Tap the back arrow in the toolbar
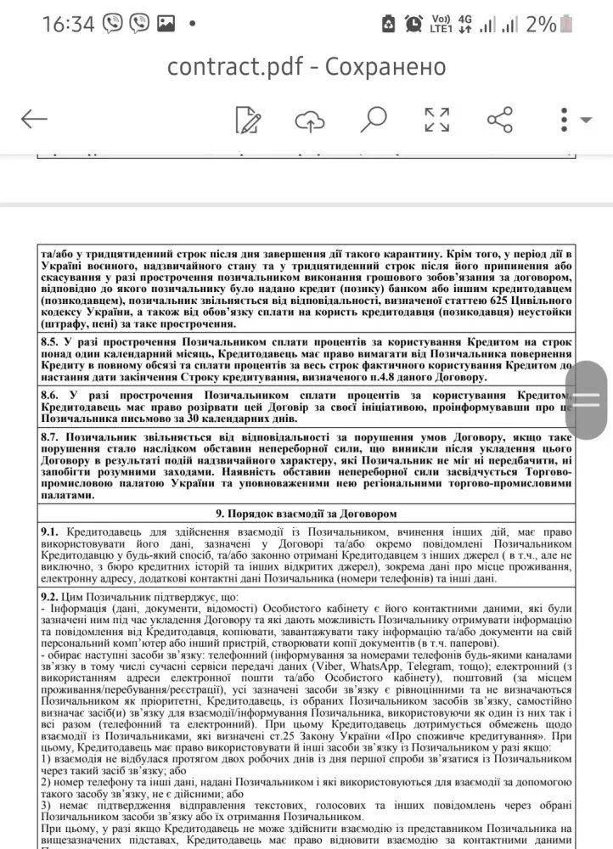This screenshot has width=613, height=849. pos(34,119)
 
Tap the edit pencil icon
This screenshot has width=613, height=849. pos(248,120)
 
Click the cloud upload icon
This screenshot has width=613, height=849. pos(310,120)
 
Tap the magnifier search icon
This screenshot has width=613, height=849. pos(373,119)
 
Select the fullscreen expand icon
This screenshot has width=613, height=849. pos(436,120)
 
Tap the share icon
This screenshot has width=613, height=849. pos(500,120)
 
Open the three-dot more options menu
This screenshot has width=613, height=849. pos(565,120)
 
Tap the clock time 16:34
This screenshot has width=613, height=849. pos(68,24)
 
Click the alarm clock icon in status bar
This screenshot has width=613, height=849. pos(414,24)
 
